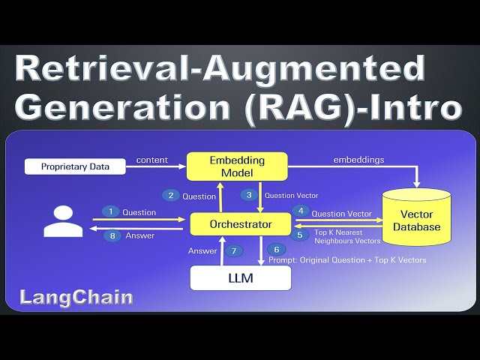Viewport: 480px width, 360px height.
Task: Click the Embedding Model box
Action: tap(237, 166)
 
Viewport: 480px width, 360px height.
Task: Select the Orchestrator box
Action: tap(240, 223)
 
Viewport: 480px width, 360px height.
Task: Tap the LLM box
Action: tap(240, 278)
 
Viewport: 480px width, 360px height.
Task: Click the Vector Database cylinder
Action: tap(418, 220)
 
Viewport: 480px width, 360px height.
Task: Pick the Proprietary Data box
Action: tap(74, 166)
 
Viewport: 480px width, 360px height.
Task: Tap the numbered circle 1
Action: tap(110, 212)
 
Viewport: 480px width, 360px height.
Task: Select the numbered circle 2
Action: tap(171, 196)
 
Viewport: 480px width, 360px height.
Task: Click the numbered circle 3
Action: tap(249, 195)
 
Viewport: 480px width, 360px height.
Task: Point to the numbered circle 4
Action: tap(300, 212)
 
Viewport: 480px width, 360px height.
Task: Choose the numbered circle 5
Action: tap(300, 234)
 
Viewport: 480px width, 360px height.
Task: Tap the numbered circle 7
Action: tap(234, 250)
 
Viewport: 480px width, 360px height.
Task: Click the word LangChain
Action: tap(76, 298)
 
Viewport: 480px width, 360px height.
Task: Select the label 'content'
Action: tap(152, 159)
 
